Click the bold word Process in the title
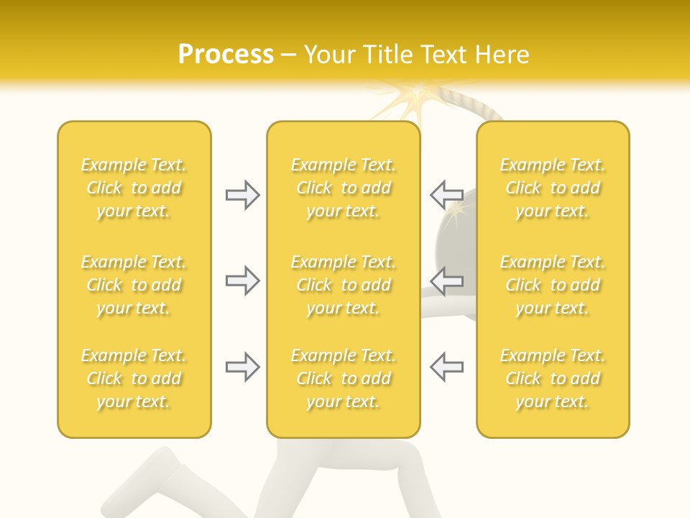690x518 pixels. pos(226,55)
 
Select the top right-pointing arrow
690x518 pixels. pos(242,195)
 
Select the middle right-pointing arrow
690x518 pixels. pos(242,280)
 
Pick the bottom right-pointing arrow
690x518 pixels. pos(242,367)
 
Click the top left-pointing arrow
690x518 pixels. pos(446,195)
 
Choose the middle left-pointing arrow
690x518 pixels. pos(446,280)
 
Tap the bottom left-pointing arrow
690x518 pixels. pos(446,367)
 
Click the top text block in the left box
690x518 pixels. pos(134,188)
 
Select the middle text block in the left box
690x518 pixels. pos(134,285)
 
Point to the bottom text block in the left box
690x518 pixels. pos(134,378)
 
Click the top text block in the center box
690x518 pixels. pos(343,188)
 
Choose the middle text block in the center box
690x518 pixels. pos(343,285)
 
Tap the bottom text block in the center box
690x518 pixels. pos(343,378)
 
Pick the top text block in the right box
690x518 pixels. pos(552,188)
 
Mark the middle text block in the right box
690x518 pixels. pos(552,285)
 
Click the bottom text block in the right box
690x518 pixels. pos(552,378)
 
